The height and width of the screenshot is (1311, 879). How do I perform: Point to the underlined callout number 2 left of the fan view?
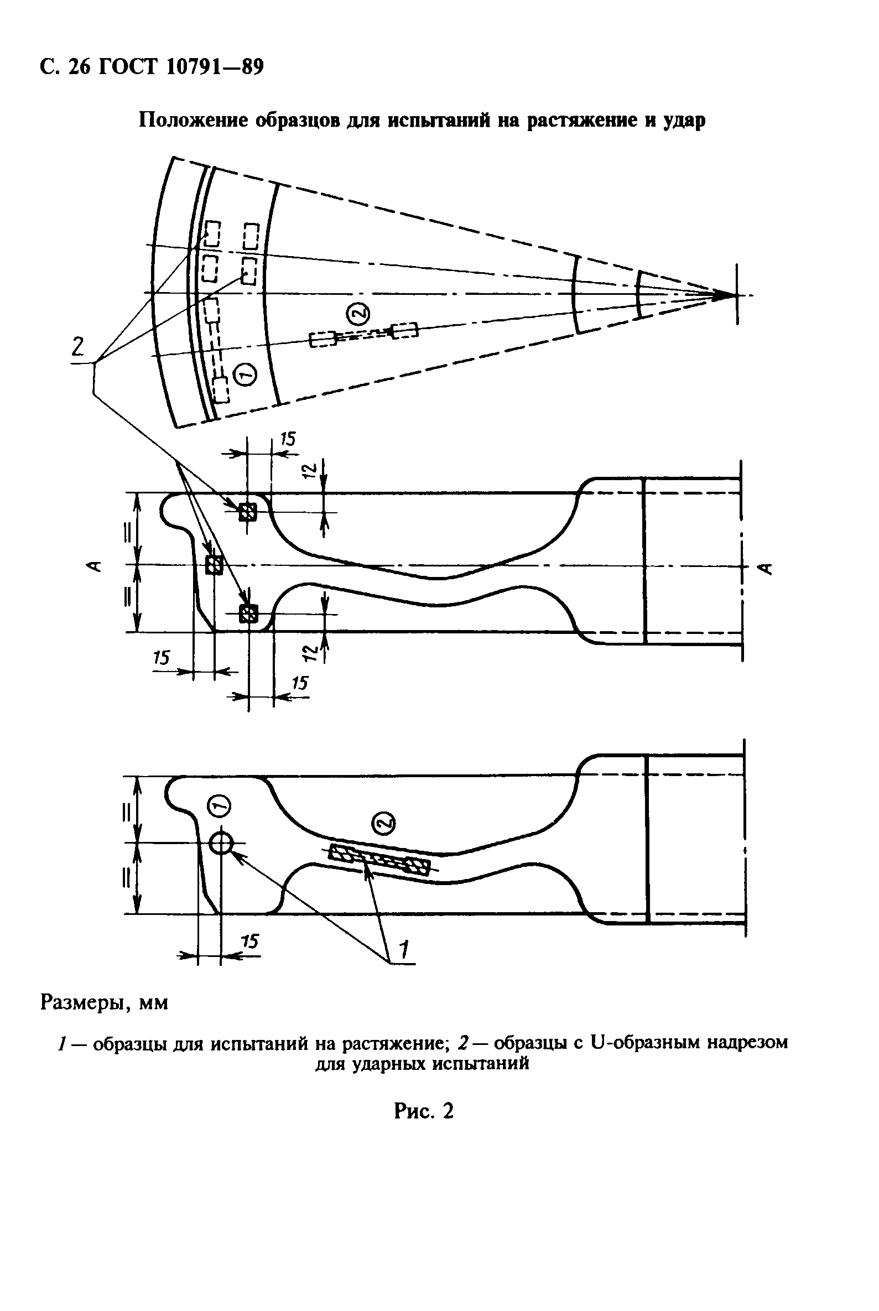point(78,346)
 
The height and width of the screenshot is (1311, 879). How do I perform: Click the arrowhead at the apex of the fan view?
point(723,295)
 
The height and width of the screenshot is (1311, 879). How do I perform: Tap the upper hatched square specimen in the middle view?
point(247,511)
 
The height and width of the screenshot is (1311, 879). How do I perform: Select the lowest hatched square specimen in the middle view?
point(248,614)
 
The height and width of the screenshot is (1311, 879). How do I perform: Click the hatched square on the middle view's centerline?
point(214,565)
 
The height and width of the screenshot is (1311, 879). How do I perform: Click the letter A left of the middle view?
point(96,565)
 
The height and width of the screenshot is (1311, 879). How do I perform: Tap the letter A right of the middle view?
point(767,568)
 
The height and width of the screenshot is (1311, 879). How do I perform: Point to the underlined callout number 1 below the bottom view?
point(403,949)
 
